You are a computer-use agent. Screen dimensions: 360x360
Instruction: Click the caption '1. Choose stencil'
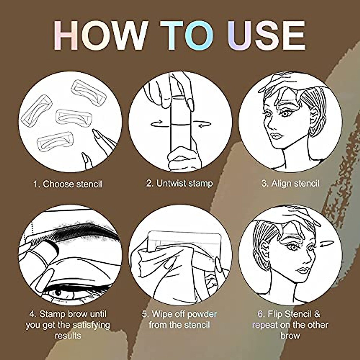click(x=67, y=184)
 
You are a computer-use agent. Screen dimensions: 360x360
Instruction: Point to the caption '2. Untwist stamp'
click(x=179, y=183)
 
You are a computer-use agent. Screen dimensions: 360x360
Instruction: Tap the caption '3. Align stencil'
click(x=290, y=183)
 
